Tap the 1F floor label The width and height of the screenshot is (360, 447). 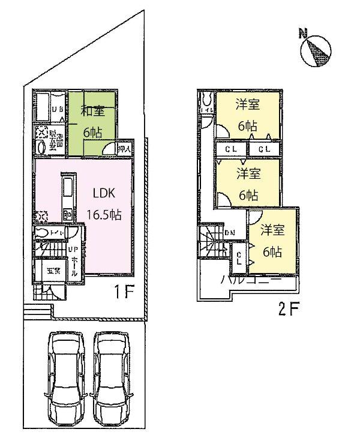124,292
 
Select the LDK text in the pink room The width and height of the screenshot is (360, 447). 104,194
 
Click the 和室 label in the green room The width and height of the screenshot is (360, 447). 93,110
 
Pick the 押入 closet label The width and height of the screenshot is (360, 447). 125,149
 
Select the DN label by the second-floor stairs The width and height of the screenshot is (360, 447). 229,233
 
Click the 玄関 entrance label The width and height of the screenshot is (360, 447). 52,271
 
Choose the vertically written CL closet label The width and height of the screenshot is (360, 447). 238,257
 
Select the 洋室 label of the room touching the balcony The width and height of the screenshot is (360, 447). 272,230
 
